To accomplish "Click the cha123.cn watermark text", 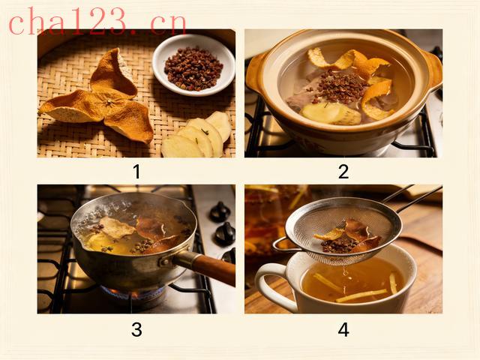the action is (x=97, y=22).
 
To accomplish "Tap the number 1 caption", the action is (x=136, y=172).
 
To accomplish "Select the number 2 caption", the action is (x=343, y=172).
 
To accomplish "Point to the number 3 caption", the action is (x=136, y=330).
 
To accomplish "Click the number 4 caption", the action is (x=343, y=330).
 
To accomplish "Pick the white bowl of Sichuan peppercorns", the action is (x=193, y=65).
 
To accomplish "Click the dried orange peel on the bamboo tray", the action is (x=98, y=98).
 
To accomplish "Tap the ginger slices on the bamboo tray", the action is (x=197, y=136).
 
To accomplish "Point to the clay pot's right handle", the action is (x=432, y=69).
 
